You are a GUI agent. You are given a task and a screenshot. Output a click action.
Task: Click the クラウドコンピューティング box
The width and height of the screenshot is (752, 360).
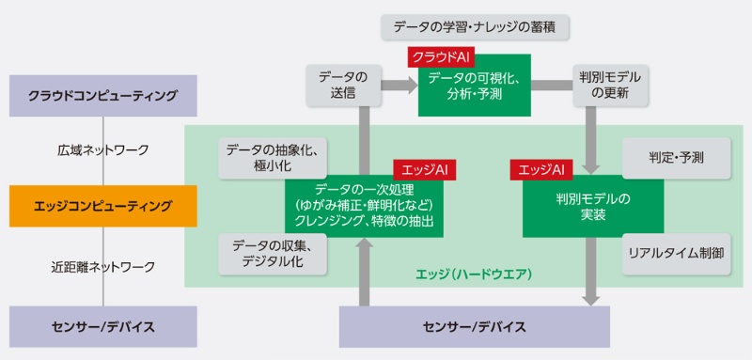pos(102,96)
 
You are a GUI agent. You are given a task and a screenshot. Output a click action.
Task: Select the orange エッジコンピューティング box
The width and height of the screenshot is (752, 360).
pos(102,205)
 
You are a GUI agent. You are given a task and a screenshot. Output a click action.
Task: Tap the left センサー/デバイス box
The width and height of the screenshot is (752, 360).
pos(102,327)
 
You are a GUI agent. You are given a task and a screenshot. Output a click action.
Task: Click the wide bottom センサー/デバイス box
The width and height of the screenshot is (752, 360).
pos(474,327)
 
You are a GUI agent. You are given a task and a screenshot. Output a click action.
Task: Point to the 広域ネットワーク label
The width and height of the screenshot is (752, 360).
pos(102,149)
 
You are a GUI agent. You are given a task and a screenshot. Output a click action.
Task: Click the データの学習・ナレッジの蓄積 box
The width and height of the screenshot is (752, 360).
pos(476,24)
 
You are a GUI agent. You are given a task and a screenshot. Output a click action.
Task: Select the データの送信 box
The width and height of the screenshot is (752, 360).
pos(337,85)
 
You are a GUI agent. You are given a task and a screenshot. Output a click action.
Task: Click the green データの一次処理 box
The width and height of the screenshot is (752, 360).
pos(365,206)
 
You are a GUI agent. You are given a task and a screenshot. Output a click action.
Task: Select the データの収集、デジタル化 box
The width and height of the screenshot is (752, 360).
pos(272,254)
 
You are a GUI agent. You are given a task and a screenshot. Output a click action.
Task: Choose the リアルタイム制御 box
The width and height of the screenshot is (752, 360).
pos(676,254)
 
